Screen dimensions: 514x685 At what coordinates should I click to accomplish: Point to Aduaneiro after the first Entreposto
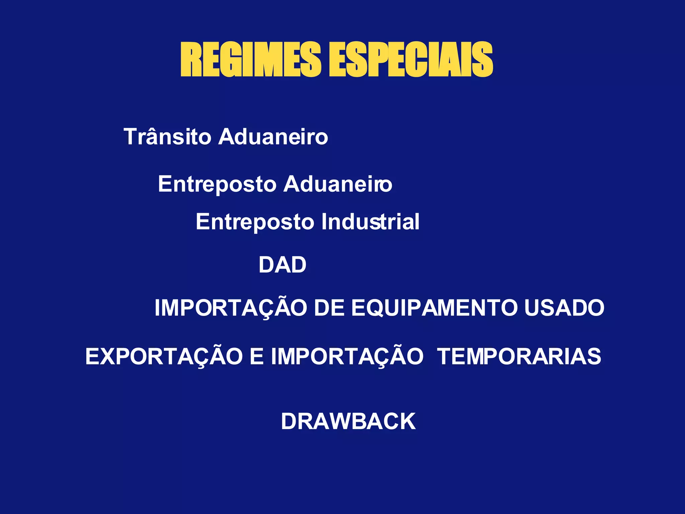pos(338,184)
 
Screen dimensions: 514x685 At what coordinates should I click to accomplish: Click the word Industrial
pos(370,222)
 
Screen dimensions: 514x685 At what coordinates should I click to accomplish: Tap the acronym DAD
pos(283,265)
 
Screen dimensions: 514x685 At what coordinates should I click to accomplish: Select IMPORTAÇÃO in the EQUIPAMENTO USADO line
pos(231,308)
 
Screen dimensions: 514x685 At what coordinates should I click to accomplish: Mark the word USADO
pos(564,308)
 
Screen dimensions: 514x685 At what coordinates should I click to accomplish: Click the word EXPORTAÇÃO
pos(164,356)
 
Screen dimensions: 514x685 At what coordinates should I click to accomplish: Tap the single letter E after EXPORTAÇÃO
pos(257,356)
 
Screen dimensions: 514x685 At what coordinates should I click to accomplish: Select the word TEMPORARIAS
pos(519,356)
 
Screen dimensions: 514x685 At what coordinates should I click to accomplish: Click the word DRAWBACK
pos(348,421)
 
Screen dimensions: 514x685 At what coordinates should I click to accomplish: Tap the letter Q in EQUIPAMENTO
pos(378,308)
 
